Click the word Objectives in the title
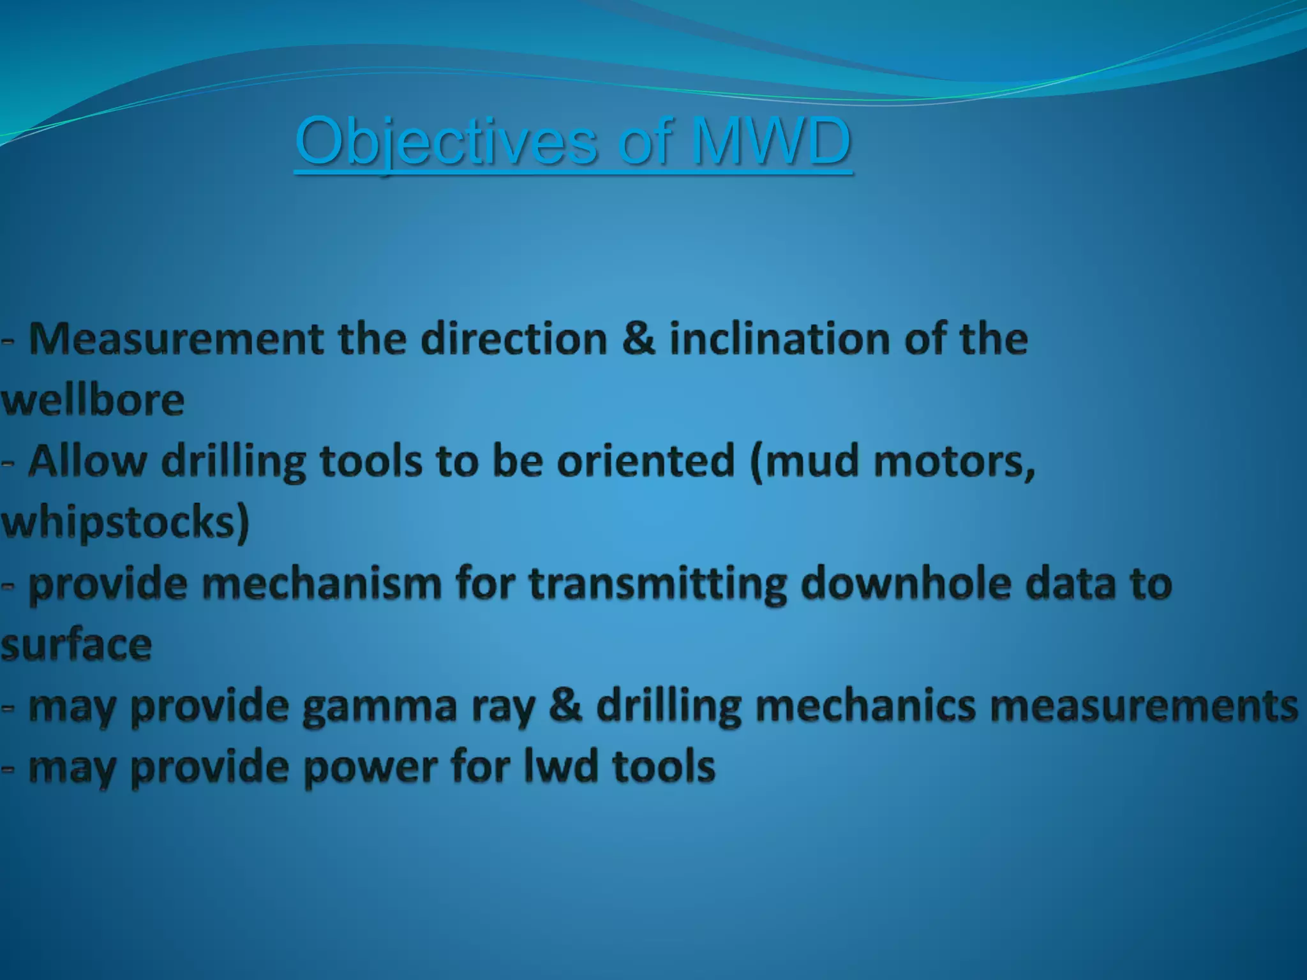(446, 142)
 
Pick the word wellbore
(93, 400)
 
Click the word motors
(954, 462)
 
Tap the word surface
(76, 646)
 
